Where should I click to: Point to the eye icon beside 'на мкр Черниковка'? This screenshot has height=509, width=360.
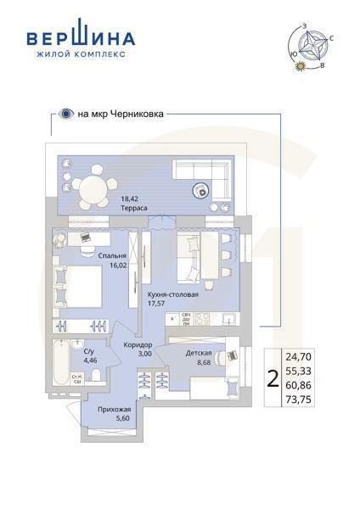(65, 111)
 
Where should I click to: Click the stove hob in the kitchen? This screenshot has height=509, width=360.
(204, 320)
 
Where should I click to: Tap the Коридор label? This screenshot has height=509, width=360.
(138, 344)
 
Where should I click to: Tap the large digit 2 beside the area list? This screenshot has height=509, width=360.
(272, 378)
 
